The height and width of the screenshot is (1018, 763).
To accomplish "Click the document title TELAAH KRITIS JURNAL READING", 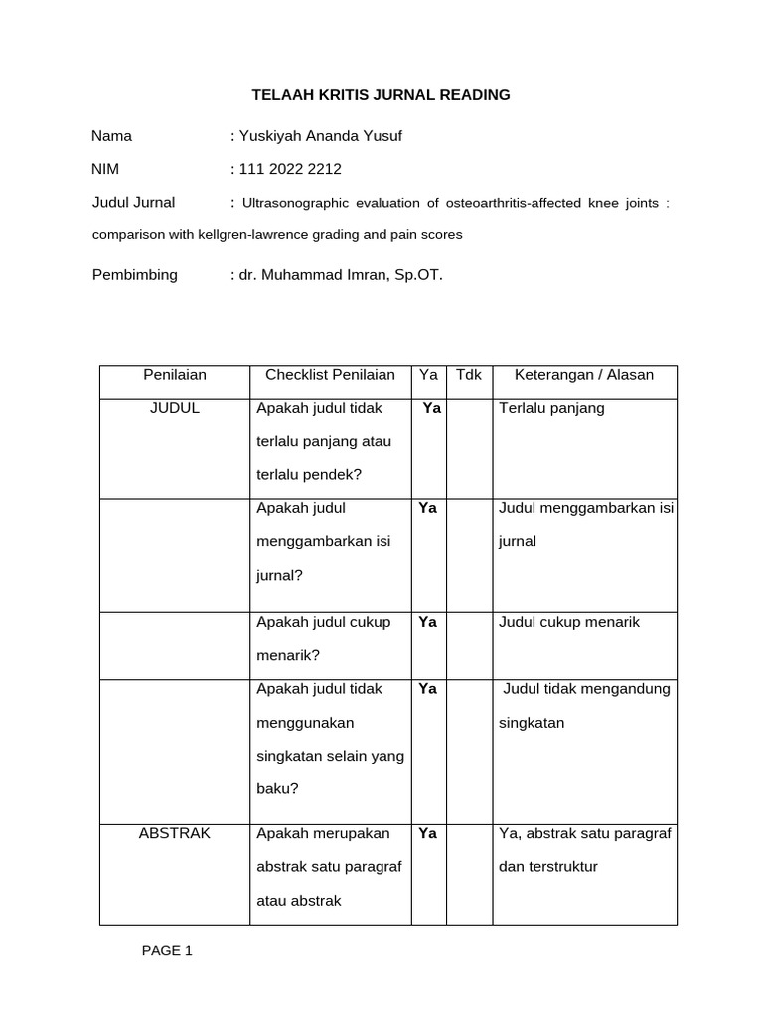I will (x=381, y=95).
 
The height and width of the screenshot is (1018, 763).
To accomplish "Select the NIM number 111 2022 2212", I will (x=291, y=169).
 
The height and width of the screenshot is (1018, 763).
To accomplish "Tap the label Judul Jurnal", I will (x=133, y=202).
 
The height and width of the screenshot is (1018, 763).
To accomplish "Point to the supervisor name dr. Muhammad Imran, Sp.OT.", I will (x=336, y=274).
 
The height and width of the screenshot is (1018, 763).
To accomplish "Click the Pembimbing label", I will (x=134, y=274).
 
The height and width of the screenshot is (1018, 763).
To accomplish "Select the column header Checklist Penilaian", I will (x=330, y=375).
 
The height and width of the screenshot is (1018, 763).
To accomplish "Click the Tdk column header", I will (x=468, y=375).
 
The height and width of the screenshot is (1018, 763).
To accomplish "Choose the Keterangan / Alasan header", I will (x=584, y=375).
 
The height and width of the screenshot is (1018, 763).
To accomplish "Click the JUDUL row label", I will (x=174, y=408).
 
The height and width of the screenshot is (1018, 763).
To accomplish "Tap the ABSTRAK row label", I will (x=174, y=833).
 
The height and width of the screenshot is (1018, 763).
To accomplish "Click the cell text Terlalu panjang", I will (x=551, y=408).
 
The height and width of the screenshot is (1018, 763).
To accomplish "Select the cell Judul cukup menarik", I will (x=569, y=622).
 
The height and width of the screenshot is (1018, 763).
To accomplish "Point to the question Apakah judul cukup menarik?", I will (x=323, y=638).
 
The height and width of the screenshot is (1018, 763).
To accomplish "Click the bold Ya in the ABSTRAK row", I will (x=428, y=833).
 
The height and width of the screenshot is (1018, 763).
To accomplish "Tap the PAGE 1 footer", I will (x=167, y=950).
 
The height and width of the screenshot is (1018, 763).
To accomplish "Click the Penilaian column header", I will (x=174, y=375).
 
